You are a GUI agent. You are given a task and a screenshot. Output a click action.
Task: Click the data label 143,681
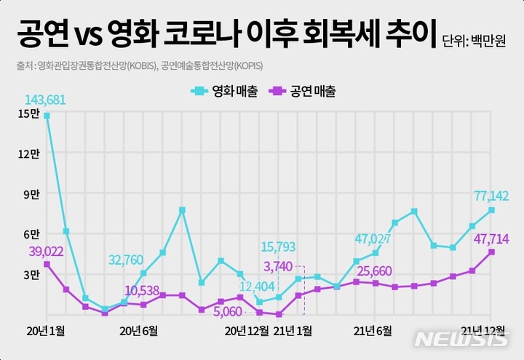coord(46,100)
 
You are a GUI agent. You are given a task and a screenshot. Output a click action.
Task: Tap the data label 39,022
coord(46,251)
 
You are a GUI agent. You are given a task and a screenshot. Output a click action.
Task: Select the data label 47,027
coord(373,239)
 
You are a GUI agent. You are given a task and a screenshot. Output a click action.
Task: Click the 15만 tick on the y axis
coord(29,114)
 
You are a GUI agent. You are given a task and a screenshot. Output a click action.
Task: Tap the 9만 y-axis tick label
coord(31,194)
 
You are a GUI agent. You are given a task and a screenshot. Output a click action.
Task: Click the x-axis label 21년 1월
coord(293,331)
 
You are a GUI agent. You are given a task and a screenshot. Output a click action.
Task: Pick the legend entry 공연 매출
coord(303,92)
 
